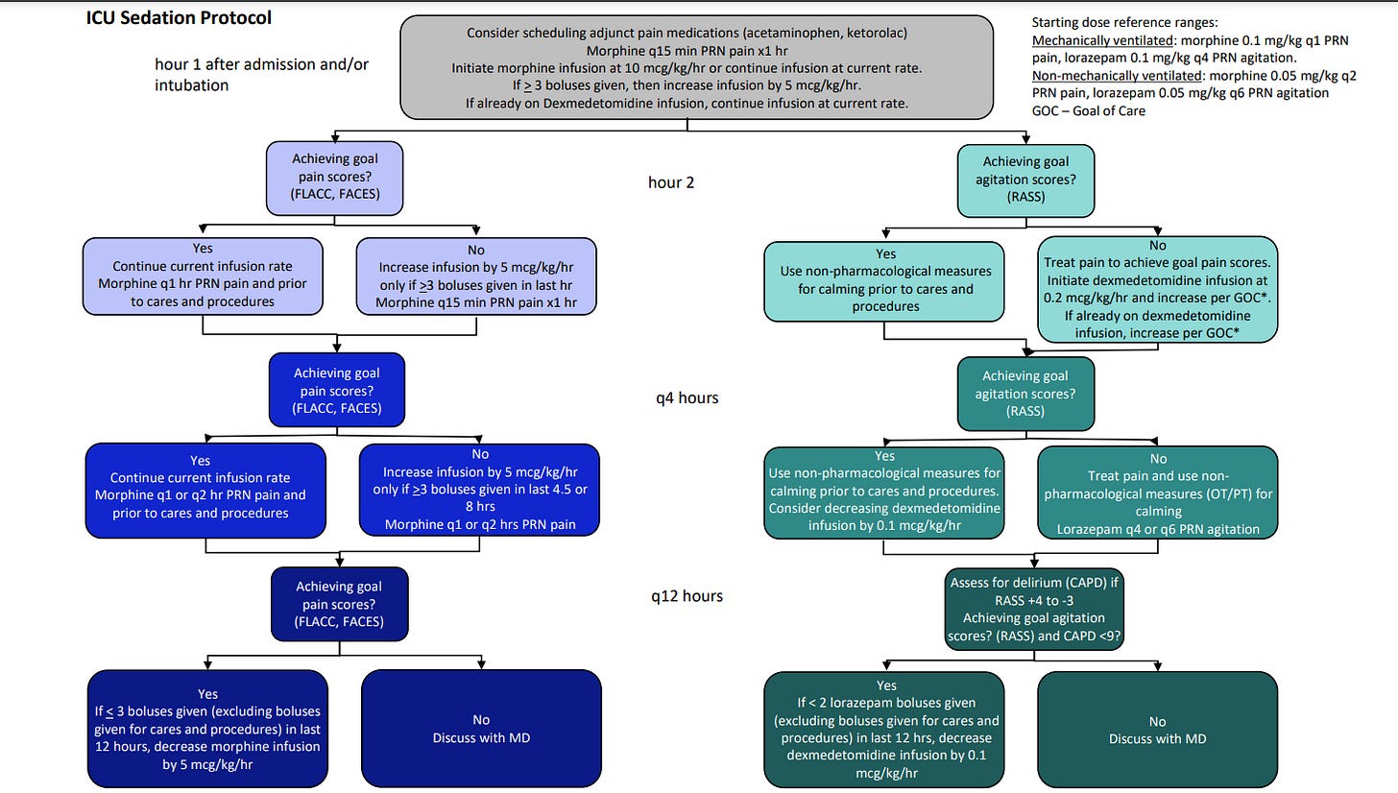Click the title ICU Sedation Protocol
pos(179,18)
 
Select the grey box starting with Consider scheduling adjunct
pos(696,67)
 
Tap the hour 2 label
pos(671,182)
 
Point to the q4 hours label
pos(687,397)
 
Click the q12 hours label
pos(687,596)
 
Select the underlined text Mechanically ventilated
pos(1102,40)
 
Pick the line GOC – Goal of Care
pos(1089,111)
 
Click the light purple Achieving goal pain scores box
pos(334,178)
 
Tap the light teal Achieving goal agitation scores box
pos(1025,180)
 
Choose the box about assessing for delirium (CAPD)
pos(1033,609)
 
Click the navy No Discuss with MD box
pos(481,728)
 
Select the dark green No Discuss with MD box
pos(1157,730)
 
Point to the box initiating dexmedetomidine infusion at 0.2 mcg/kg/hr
pos(1157,290)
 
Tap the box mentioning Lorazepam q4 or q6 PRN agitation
pos(1157,493)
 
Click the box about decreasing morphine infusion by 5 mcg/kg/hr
pos(207,728)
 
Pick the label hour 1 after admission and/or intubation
pos(261,74)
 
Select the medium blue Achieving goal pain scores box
pos(337,390)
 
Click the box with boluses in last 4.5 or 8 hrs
pos(479,490)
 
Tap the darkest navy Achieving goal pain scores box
pos(340,604)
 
